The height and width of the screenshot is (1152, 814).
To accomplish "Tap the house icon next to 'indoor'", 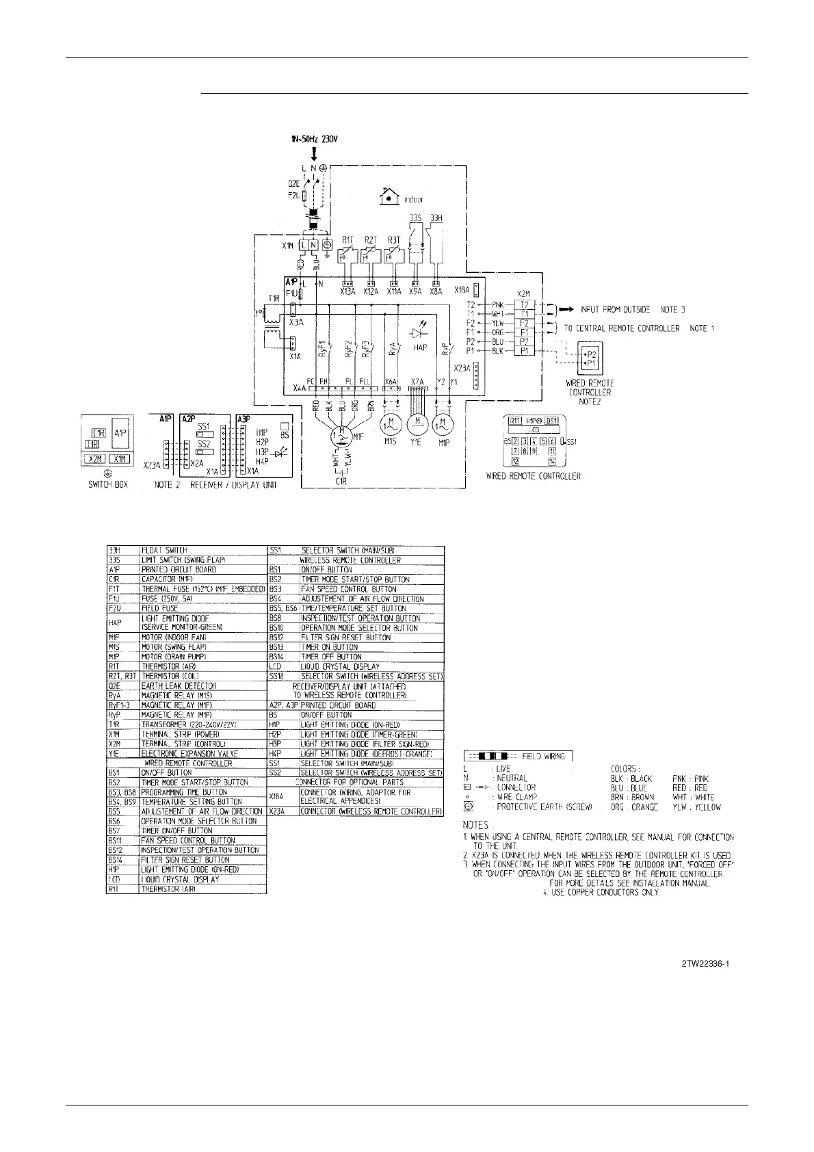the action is pyautogui.click(x=389, y=197).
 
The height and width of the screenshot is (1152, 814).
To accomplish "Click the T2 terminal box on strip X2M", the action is pyautogui.click(x=524, y=304).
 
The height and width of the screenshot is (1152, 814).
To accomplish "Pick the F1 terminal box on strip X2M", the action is pyautogui.click(x=524, y=332).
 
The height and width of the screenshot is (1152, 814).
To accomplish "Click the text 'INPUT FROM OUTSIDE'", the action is pyautogui.click(x=616, y=309).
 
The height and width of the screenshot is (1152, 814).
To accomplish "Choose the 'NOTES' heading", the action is pyautogui.click(x=476, y=825).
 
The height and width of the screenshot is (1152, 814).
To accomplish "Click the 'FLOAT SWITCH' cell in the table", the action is pyautogui.click(x=164, y=550).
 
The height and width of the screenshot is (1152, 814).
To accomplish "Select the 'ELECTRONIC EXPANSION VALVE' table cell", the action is pyautogui.click(x=189, y=753).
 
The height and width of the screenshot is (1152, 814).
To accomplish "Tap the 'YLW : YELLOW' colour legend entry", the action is pyautogui.click(x=696, y=807).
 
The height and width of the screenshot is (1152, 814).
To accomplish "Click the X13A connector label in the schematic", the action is pyautogui.click(x=347, y=291).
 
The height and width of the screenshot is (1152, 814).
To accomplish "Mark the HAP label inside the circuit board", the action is pyautogui.click(x=420, y=348).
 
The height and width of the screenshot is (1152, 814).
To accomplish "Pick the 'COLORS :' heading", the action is pyautogui.click(x=625, y=768).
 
